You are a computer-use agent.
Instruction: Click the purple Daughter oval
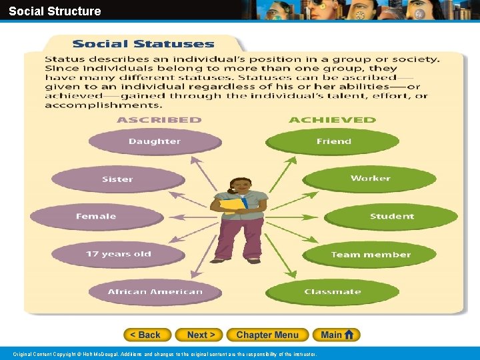point(155,141)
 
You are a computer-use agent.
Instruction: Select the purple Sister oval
point(117,179)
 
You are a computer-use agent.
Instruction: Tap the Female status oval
point(96,216)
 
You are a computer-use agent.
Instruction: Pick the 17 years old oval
point(118,254)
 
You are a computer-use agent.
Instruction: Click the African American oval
point(155,291)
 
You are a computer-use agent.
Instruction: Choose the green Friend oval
point(333,141)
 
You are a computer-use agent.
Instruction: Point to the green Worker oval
point(370,179)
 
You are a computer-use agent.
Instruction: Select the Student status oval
point(391,216)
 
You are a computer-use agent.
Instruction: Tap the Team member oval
point(371,254)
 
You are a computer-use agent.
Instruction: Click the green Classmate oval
point(332,291)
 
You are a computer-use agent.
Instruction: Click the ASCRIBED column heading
point(159,120)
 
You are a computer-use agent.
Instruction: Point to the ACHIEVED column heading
point(332,120)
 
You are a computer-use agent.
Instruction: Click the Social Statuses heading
point(143,45)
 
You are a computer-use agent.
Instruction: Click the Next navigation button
point(201,335)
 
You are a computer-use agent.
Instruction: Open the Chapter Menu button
point(267,335)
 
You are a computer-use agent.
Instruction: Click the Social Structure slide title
point(55,11)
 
